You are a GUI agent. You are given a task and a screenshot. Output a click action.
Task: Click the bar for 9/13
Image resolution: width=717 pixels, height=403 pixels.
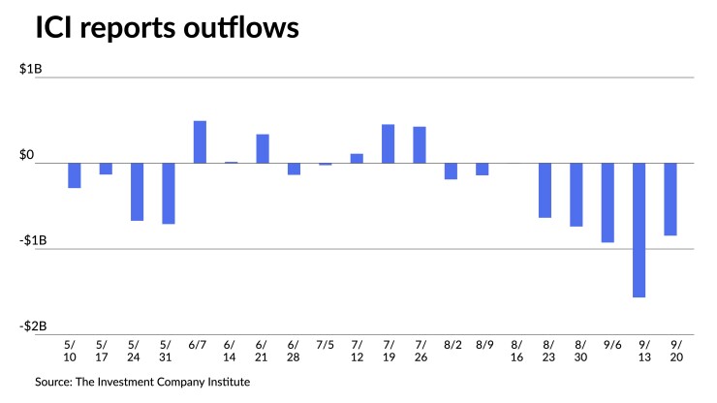[639, 230]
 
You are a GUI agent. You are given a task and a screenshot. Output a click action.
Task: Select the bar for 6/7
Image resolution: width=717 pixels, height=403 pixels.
[200, 141]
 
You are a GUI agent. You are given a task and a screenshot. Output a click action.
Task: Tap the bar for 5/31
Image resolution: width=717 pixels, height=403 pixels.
[169, 193]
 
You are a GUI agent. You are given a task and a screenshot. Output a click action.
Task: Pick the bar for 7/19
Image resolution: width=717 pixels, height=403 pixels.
[388, 143]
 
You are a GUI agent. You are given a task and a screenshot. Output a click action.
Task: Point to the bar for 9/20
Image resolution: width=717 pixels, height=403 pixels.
[670, 199]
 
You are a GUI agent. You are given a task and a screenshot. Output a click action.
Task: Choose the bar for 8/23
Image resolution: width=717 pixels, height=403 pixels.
[546, 190]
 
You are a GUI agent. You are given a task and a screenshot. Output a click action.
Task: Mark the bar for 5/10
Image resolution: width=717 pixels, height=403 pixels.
[75, 174]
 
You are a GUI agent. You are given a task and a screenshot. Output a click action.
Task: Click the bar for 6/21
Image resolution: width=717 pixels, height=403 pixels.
[263, 148]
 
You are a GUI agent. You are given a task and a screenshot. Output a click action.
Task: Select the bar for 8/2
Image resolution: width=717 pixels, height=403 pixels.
[451, 170]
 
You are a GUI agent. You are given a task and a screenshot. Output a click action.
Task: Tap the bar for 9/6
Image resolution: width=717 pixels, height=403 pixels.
[608, 202]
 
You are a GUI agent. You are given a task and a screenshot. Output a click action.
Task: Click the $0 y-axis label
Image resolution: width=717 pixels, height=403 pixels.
[47, 155]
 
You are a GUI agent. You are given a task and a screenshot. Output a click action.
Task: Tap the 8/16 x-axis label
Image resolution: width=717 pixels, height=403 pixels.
[516, 351]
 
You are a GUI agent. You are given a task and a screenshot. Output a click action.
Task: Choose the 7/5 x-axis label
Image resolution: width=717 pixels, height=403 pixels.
[326, 344]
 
